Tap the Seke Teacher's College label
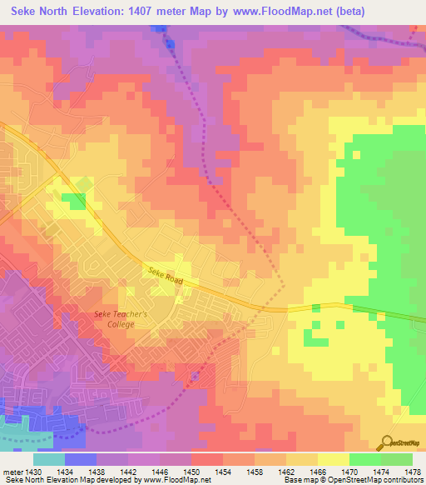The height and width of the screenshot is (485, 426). (121, 319)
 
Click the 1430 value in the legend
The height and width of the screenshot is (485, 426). (34, 472)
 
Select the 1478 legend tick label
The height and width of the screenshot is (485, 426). (413, 472)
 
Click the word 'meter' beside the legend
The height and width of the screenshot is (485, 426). (12, 472)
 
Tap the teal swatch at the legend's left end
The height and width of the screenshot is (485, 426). (49, 459)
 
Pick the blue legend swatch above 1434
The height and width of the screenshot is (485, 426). (81, 459)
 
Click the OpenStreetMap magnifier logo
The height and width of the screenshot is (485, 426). (387, 442)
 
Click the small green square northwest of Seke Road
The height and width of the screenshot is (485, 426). (76, 201)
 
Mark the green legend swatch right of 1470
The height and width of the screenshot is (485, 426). (365, 459)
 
